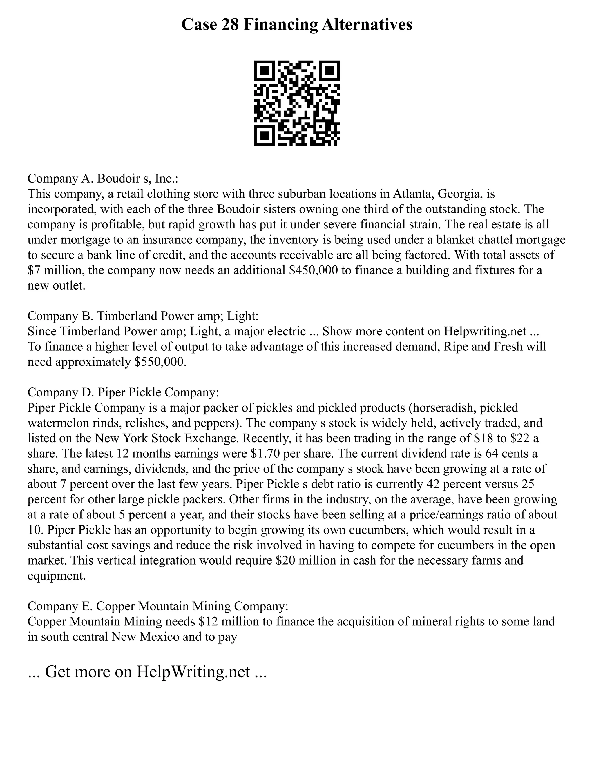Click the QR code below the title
click(297, 103)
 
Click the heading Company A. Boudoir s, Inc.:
click(103, 179)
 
